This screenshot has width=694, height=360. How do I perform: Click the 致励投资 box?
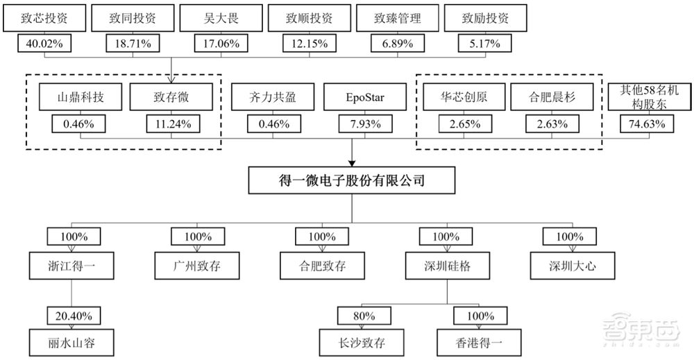tap(485, 19)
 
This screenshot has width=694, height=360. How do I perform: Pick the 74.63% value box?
tap(647, 125)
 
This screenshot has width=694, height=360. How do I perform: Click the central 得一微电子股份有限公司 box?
tap(353, 182)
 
